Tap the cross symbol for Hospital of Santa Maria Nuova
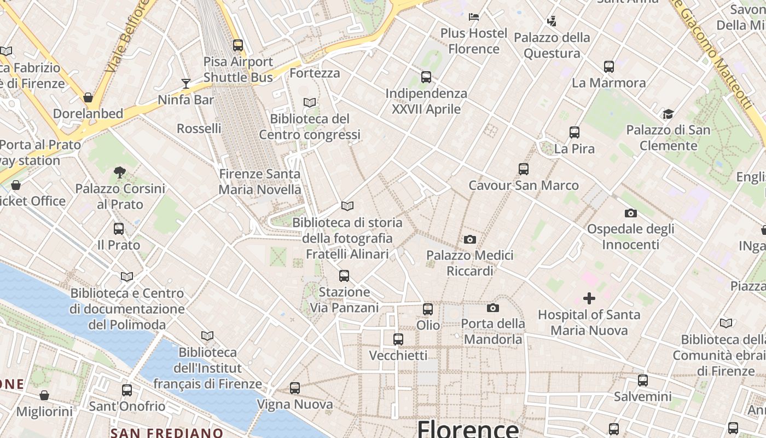[589, 298]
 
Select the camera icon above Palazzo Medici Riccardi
[469, 239]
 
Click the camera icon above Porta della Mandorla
[493, 308]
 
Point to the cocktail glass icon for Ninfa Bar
[186, 84]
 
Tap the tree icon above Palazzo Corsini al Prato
[120, 172]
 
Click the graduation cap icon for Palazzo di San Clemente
[668, 114]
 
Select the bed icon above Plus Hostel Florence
[474, 17]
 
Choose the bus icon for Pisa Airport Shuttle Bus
[238, 45]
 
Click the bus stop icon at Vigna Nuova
[295, 388]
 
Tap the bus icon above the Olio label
[428, 309]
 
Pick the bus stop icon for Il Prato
[119, 229]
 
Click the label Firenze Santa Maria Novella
[260, 182]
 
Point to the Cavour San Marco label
[523, 185]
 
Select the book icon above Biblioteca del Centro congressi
[310, 102]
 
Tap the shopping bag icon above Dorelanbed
[88, 97]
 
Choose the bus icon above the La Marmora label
[609, 67]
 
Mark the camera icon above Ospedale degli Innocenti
[630, 213]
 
